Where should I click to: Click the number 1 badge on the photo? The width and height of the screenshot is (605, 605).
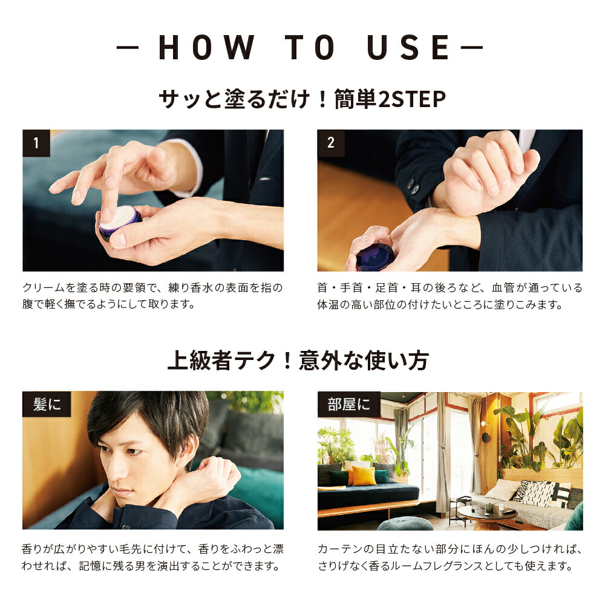pos(36,143)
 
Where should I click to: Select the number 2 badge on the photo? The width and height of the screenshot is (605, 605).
pos(331,143)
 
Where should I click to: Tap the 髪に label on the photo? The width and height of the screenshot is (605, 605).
pos(47,404)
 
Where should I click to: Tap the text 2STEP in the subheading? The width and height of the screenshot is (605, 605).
pos(412,99)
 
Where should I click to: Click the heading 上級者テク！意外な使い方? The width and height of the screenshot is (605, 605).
pos(298,361)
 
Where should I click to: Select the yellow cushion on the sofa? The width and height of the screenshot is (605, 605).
pos(364,476)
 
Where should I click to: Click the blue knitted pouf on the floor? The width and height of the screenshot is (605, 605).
pos(405,524)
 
